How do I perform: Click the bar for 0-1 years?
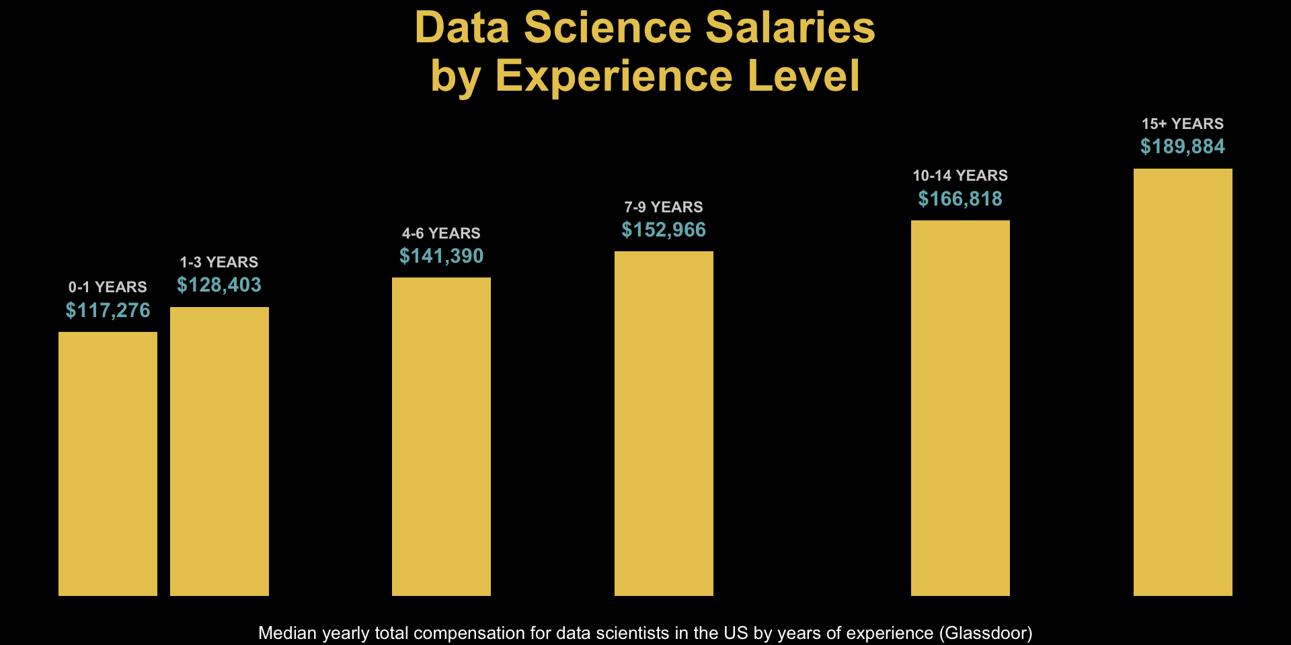click(108, 464)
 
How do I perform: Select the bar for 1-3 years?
click(219, 451)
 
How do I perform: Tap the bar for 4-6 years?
click(441, 437)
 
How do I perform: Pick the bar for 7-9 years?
click(664, 423)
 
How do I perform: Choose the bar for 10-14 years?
click(960, 408)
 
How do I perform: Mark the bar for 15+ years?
click(1183, 382)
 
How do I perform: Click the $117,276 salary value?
click(108, 310)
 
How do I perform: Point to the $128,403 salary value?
click(219, 286)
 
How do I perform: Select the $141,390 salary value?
click(441, 256)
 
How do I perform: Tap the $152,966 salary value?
click(664, 230)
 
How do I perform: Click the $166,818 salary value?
click(960, 199)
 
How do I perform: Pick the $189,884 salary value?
click(1183, 146)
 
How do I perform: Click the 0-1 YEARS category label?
click(108, 287)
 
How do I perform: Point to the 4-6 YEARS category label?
click(441, 233)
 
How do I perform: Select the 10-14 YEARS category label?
click(960, 175)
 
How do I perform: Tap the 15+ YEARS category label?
click(1183, 124)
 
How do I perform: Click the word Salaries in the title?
click(790, 28)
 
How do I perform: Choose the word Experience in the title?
click(615, 75)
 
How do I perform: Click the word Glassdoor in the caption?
click(985, 633)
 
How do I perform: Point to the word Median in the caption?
click(287, 633)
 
